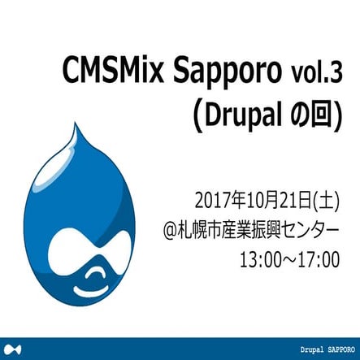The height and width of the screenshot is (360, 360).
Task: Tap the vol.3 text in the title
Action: tap(317, 76)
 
